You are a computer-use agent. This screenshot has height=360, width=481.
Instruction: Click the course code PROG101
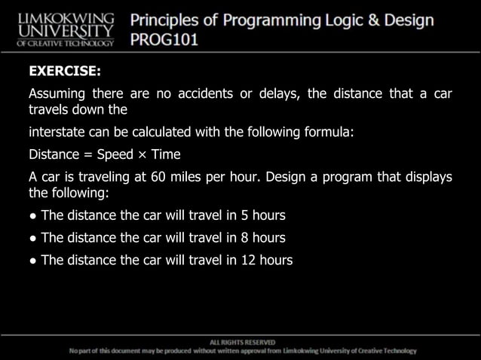(165, 39)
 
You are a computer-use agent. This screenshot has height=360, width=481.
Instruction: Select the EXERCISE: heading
(64, 73)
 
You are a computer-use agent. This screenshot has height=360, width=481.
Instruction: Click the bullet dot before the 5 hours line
(32, 216)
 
